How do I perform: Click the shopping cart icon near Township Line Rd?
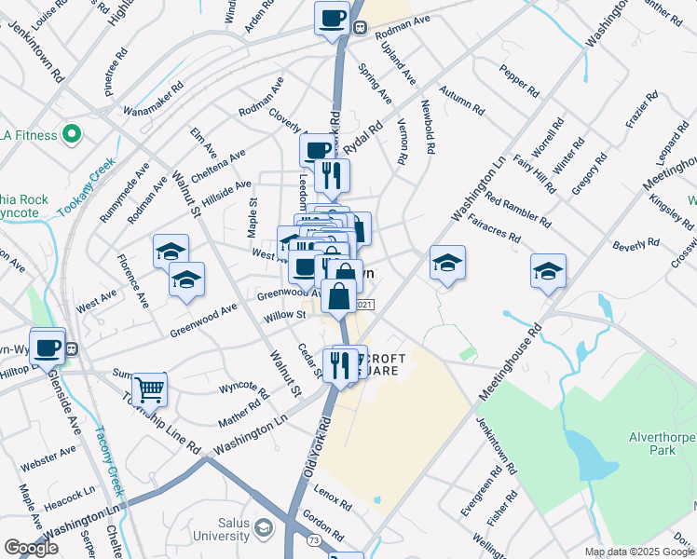click(148, 390)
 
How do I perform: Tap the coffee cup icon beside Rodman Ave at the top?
click(332, 18)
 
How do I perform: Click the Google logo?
click(31, 548)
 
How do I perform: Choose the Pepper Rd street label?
click(519, 81)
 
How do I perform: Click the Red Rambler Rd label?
click(518, 209)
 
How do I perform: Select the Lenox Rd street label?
click(333, 499)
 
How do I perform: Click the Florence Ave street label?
click(132, 281)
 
